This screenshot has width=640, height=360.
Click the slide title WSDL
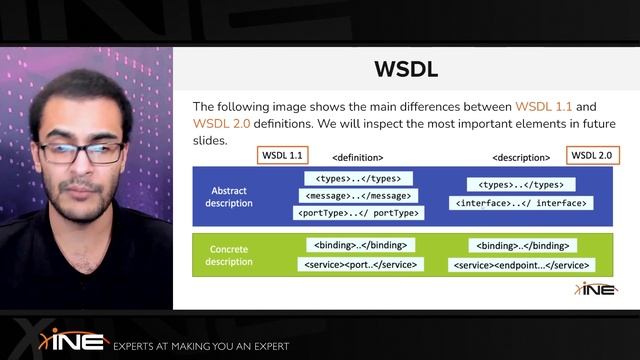pos(405,69)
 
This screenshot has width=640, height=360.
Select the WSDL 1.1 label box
pos(282,155)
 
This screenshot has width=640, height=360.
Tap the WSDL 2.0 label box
pos(591,155)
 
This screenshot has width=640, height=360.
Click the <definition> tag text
pos(358,157)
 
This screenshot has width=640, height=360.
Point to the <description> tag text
pos(521,157)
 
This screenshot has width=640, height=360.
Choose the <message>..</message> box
pos(358,195)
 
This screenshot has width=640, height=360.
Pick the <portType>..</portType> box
pos(358,212)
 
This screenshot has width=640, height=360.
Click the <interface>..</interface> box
pos(521,203)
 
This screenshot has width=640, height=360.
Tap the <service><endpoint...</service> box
pos(521,265)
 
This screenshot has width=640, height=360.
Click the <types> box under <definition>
pos(358,178)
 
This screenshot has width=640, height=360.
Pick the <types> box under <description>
pos(522,185)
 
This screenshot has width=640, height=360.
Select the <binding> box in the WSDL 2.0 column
pos(521,245)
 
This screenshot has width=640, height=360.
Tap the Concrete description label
pos(230,255)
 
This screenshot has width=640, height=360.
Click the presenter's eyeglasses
pos(79,152)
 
